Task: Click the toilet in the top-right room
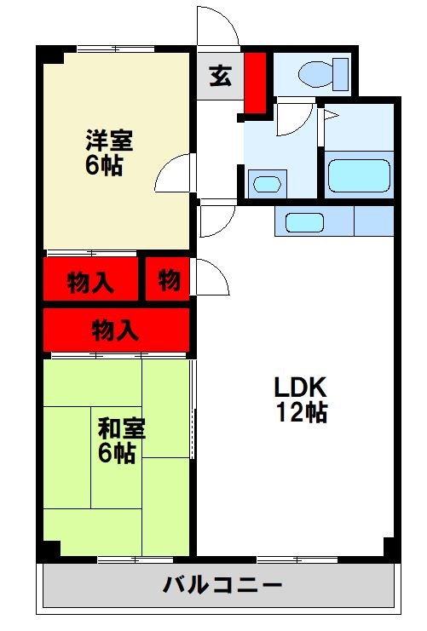322,74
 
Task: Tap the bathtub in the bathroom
359,175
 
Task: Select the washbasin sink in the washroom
266,183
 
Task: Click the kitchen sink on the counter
304,223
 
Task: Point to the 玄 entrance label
220,77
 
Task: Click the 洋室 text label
108,138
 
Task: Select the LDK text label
301,387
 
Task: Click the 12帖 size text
301,415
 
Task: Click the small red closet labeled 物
167,280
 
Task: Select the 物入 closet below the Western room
91,280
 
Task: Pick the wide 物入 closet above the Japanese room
115,328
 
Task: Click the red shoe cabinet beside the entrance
255,83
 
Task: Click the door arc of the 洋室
173,176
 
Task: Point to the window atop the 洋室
115,49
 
